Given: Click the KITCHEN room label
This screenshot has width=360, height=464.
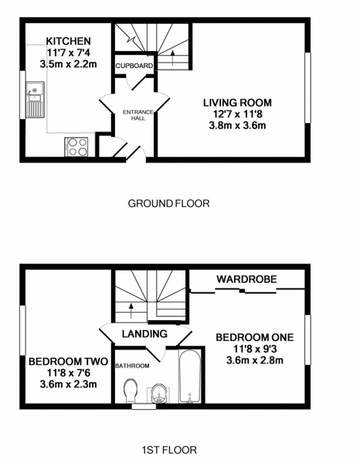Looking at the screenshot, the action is pos(68,41).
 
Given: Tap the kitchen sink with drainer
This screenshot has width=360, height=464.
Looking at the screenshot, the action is pos(35,100).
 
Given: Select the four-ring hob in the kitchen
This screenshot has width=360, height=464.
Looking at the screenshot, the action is pos(76,147).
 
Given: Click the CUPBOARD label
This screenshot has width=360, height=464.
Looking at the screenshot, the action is pos(134,66).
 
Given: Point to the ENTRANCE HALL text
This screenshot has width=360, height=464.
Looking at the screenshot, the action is pos(138,115).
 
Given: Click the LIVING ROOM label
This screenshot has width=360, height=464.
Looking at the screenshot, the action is pos(237,103).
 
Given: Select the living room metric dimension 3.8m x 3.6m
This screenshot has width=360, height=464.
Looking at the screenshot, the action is pos(237,125).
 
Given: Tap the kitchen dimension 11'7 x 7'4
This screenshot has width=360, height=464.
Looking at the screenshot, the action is pos(68,53).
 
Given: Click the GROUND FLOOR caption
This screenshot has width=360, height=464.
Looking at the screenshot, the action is pos(168,203).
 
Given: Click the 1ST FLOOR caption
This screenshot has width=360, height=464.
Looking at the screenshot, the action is pos(169,450).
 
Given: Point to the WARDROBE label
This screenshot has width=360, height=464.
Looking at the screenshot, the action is pos(246,279).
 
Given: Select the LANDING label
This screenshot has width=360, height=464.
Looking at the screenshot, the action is pos(144,334).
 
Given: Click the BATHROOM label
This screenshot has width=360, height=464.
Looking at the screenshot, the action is pos(132,366).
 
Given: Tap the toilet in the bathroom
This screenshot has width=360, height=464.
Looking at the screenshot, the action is pos(131,391).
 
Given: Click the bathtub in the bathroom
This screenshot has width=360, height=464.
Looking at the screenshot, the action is pos(189,377).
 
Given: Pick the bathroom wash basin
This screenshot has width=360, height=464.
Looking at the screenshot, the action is pos(160,394).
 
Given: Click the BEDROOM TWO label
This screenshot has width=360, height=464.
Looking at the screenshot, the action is pos(68,362).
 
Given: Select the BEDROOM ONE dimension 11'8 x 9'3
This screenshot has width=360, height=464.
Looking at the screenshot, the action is pos(255,350).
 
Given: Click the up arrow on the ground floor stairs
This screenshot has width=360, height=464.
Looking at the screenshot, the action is pos(172,58).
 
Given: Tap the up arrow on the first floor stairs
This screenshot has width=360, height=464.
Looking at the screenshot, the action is pos(131,310).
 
